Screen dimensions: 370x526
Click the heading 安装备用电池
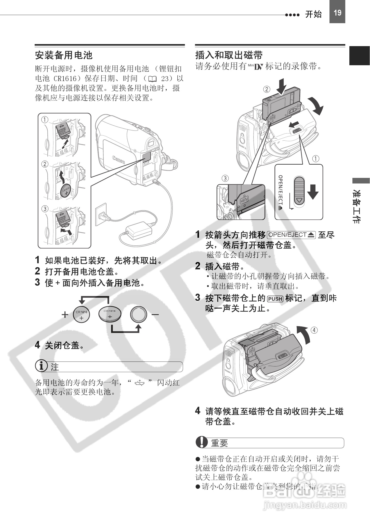63,55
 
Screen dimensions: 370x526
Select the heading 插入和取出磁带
229,55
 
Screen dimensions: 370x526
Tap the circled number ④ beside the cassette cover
314,330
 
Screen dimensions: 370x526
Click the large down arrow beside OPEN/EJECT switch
313,192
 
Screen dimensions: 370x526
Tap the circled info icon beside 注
41,366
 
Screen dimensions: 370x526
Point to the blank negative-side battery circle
139,314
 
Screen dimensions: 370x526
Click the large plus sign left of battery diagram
65,315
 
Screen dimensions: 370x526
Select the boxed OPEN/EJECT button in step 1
291,235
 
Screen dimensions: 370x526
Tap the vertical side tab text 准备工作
357,206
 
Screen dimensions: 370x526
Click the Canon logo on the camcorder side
119,160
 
